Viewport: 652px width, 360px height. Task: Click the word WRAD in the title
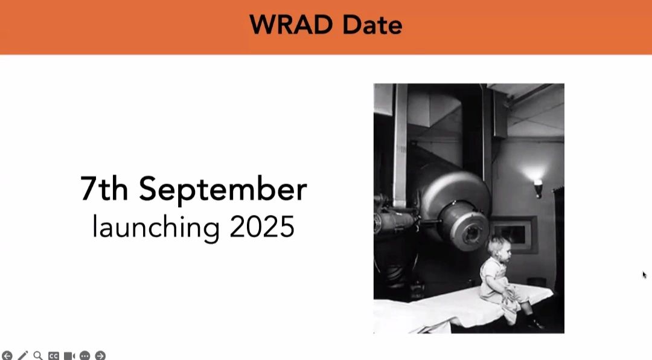(x=292, y=25)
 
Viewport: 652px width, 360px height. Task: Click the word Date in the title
(x=372, y=25)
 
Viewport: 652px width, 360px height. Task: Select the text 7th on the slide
(x=104, y=188)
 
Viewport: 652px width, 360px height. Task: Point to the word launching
(x=156, y=228)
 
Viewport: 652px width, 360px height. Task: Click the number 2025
(x=262, y=227)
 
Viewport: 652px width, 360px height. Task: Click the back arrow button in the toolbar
(x=7, y=356)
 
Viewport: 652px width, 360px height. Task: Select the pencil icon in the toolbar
(x=22, y=356)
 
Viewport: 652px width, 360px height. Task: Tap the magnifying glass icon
(x=38, y=356)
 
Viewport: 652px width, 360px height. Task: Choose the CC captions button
(x=54, y=356)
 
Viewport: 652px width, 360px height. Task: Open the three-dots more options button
(x=85, y=356)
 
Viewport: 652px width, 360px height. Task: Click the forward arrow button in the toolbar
(x=100, y=356)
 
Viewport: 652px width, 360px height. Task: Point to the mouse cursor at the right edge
(x=645, y=275)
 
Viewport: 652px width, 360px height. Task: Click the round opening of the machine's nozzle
(x=472, y=233)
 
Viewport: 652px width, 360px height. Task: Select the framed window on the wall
(x=514, y=234)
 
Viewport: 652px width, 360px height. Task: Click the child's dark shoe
(x=535, y=323)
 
